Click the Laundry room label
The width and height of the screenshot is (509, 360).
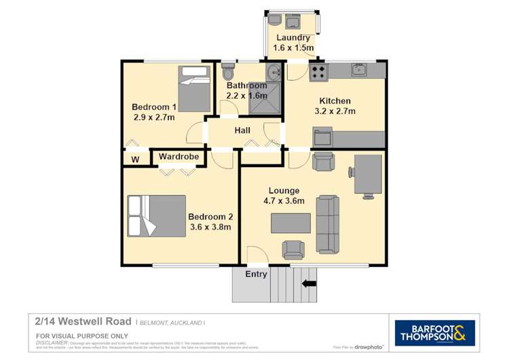click(293, 38)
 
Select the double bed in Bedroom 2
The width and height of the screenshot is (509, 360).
click(157, 215)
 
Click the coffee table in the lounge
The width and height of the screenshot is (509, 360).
click(291, 223)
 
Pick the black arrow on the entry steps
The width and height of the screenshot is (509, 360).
click(309, 284)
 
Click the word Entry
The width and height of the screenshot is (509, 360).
click(256, 274)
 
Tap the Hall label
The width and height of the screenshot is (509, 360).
click(242, 130)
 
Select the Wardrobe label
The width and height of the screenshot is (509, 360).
click(179, 157)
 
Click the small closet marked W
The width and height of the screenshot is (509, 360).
click(135, 159)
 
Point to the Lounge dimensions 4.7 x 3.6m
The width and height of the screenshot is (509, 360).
click(284, 201)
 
